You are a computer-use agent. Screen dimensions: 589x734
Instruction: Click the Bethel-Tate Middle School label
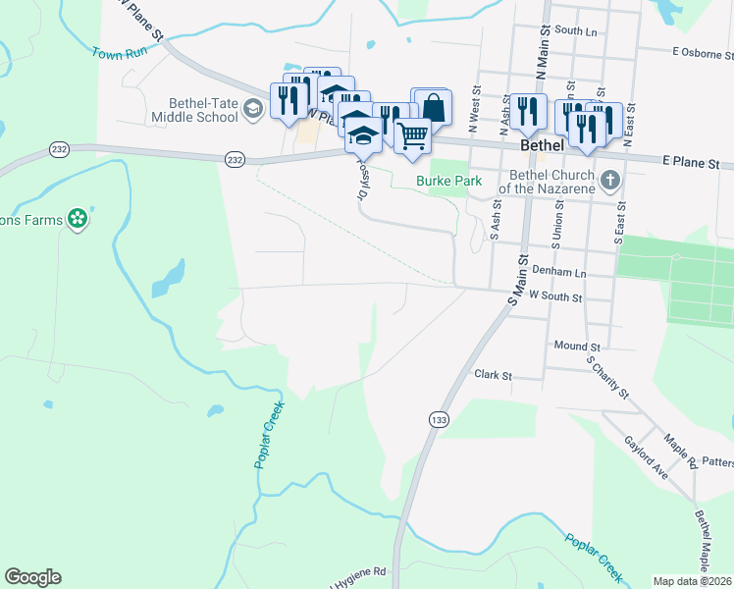[194, 109]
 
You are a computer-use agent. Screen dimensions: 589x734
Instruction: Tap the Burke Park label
[448, 181]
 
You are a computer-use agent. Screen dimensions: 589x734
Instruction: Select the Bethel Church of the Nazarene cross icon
[610, 180]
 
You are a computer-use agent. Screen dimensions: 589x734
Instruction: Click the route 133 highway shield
[438, 418]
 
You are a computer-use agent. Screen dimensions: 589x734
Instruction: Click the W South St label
[555, 295]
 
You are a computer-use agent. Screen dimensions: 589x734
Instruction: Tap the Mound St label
[576, 347]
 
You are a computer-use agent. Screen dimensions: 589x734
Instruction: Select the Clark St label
[494, 375]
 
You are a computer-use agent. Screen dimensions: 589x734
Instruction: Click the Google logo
[32, 577]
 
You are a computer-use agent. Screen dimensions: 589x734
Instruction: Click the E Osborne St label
[703, 51]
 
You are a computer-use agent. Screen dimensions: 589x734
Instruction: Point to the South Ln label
[575, 30]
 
